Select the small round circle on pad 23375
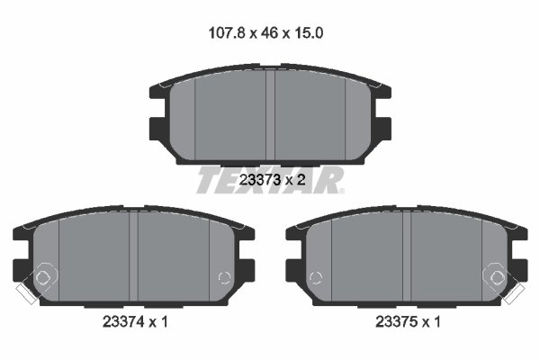(x=314, y=276)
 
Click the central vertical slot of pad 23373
(x=270, y=112)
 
